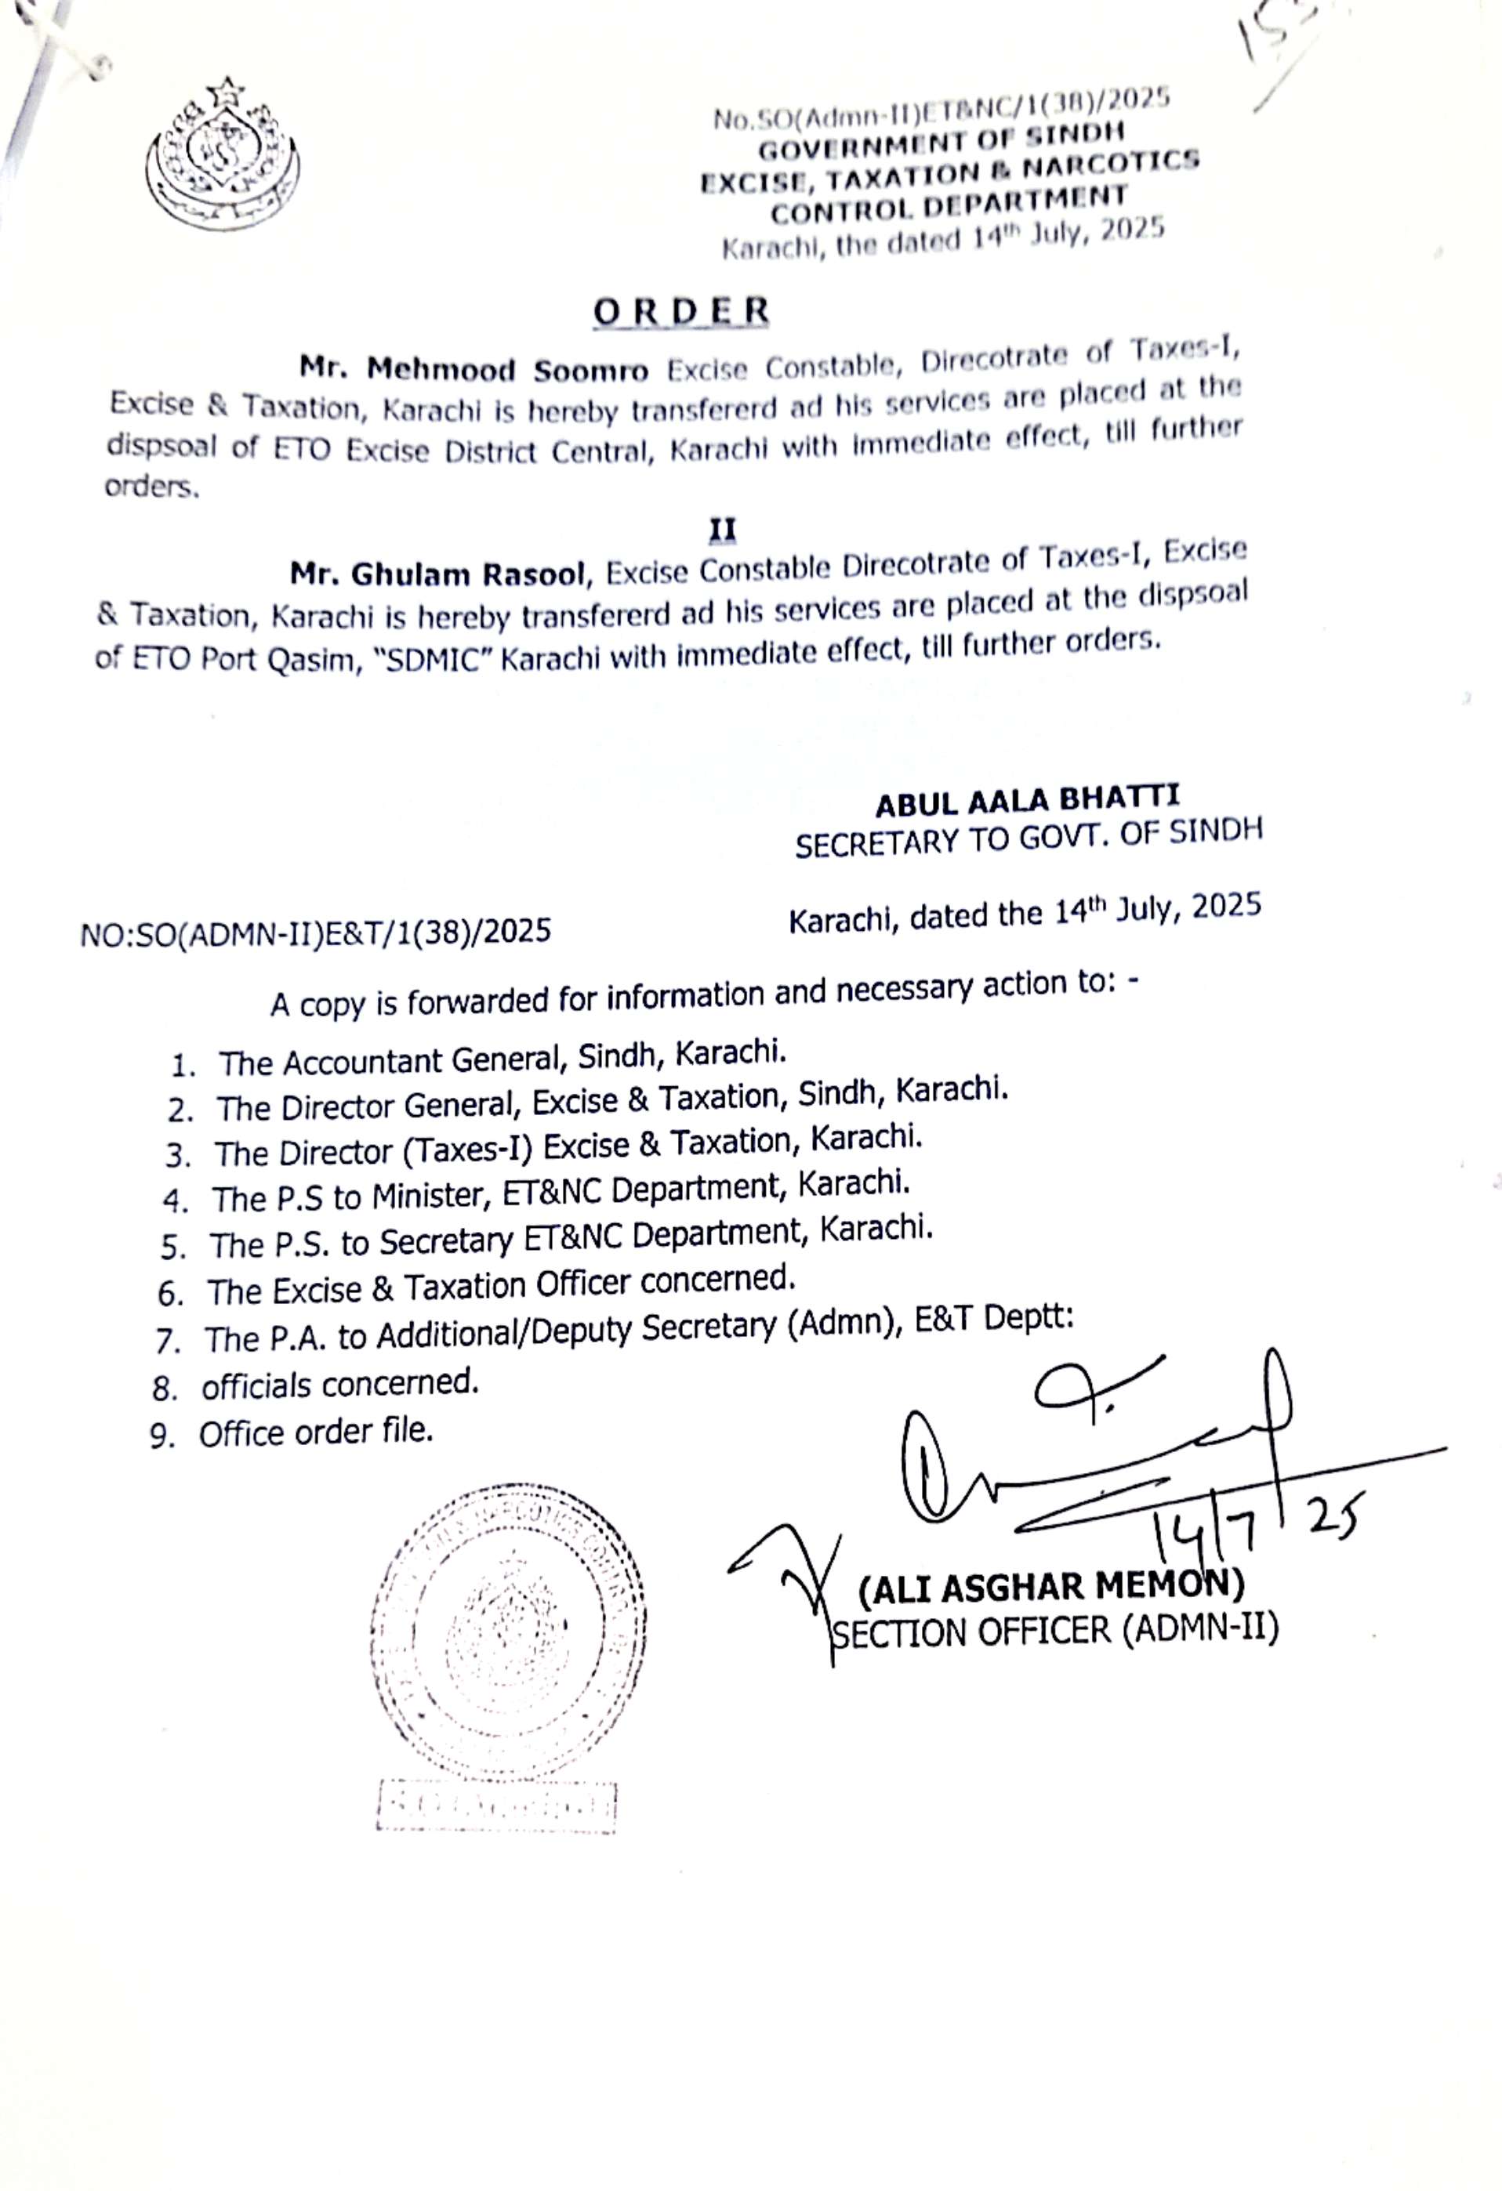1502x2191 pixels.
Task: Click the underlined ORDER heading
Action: click(680, 312)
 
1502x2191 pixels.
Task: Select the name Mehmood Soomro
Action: click(474, 368)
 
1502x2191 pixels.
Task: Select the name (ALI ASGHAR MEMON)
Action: click(1050, 1586)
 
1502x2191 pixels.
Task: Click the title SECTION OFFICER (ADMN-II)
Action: click(1053, 1630)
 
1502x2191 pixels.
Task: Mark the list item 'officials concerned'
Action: click(339, 1384)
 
